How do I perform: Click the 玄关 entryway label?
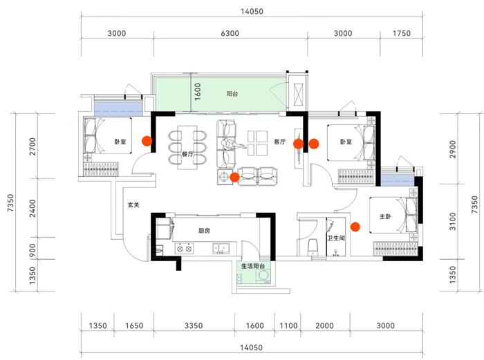click(x=134, y=205)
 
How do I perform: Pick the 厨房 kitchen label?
click(x=204, y=231)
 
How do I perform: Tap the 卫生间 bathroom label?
click(x=337, y=238)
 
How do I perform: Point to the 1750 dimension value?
click(x=401, y=33)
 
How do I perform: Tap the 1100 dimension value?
click(x=288, y=325)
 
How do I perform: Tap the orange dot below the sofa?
click(x=235, y=178)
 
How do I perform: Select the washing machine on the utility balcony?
click(x=263, y=276)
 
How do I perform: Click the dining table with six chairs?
click(x=187, y=146)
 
